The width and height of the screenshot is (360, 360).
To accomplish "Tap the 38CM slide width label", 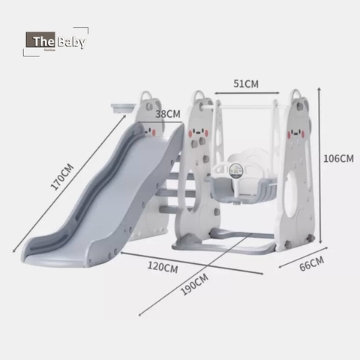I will click(x=168, y=114).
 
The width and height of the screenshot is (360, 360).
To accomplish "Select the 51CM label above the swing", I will click(x=246, y=83).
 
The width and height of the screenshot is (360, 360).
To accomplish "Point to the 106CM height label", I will click(x=338, y=158).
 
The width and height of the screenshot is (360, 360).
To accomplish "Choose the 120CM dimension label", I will click(x=161, y=267).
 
